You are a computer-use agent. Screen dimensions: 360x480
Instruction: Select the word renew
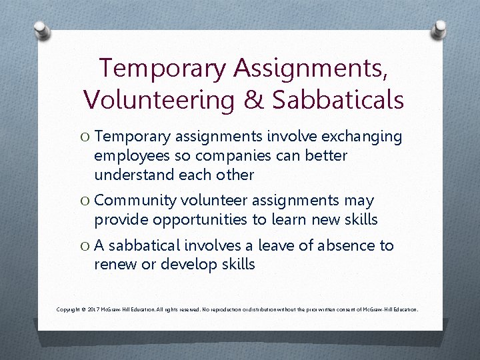coord(115,264)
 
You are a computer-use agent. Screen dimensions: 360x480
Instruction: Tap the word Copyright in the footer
coord(71,310)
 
